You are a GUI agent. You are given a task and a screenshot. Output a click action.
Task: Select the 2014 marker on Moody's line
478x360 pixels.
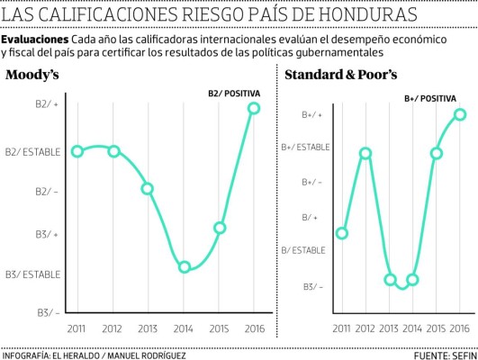tap(184, 267)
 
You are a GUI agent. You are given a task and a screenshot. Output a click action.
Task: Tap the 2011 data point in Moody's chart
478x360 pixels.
tap(77, 151)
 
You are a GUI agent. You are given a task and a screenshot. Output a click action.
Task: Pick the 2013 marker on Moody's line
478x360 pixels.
tap(147, 189)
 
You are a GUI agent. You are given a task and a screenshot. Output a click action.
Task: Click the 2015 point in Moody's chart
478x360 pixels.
tap(220, 228)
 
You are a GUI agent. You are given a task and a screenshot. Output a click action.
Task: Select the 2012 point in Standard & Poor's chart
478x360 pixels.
tap(365, 153)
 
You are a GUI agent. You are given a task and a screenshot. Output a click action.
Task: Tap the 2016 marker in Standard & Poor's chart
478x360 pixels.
tap(459, 114)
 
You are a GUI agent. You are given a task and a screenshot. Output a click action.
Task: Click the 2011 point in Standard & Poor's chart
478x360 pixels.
tap(342, 233)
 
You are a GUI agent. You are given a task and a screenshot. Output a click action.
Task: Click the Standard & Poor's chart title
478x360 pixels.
tap(340, 76)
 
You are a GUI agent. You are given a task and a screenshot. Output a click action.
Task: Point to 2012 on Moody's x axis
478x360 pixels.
tap(113, 329)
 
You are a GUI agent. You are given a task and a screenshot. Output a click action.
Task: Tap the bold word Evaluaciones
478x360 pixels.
tap(34, 41)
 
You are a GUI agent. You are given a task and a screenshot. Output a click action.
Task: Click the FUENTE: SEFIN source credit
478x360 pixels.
tap(443, 354)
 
